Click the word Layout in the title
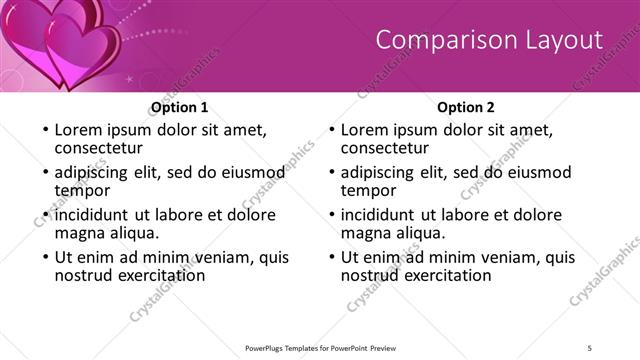(x=561, y=40)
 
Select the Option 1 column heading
(x=179, y=107)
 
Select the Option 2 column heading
(x=466, y=107)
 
